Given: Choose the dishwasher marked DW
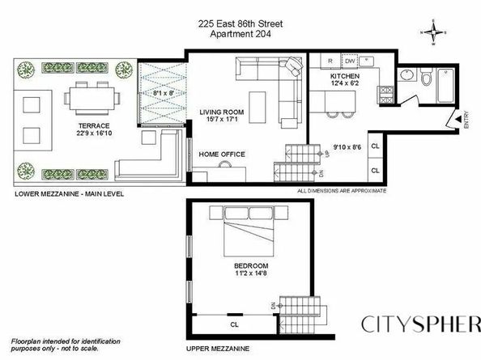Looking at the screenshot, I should pos(350,61).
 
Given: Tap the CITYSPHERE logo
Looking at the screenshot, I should pos(417,324).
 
